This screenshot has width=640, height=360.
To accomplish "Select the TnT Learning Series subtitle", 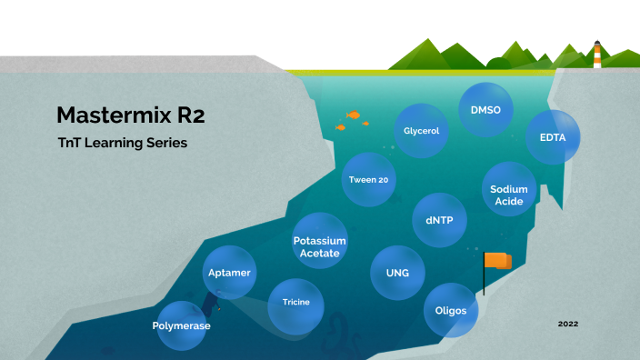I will [x=122, y=144].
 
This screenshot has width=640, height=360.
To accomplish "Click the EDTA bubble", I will [x=553, y=137].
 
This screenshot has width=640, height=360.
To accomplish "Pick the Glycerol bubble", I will [x=422, y=131].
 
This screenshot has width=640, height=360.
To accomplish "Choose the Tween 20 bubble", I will [x=368, y=179].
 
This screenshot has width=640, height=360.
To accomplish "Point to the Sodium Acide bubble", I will [x=508, y=195].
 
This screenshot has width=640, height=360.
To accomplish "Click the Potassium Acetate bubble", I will [x=319, y=246].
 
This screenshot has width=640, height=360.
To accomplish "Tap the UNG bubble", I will [x=396, y=273].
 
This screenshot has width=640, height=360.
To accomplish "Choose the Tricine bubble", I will [x=296, y=301].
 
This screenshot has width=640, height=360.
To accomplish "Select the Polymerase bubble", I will [x=182, y=325].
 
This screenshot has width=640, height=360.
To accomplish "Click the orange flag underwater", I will [x=497, y=262].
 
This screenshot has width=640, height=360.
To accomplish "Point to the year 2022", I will [x=568, y=324].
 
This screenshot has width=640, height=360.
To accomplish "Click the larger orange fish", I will [x=354, y=115].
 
